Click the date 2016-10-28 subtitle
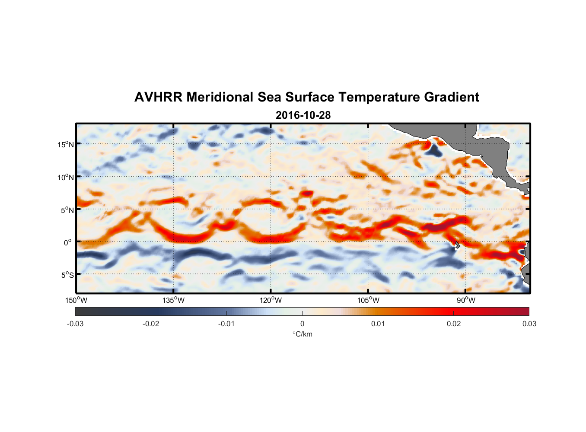click(303, 115)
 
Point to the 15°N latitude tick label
click(66, 145)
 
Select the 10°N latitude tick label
click(66, 178)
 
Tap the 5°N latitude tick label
click(67, 210)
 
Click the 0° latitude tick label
click(68, 243)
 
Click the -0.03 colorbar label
click(75, 324)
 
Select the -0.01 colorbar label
click(226, 324)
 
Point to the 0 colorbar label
click(302, 324)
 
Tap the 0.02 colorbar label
click(454, 324)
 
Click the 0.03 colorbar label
click(529, 324)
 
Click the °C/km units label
click(302, 334)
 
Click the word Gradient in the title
click(452, 97)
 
